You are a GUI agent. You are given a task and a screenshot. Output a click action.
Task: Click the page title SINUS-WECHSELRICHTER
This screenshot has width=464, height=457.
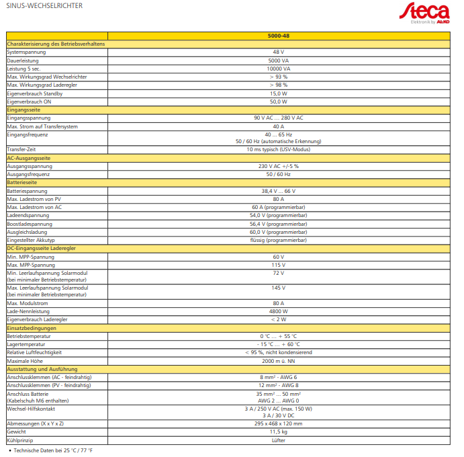(x=44, y=6)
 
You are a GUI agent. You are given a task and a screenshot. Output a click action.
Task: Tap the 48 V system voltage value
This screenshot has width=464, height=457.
(x=278, y=52)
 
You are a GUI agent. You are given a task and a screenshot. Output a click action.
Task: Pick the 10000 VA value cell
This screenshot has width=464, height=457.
(x=278, y=69)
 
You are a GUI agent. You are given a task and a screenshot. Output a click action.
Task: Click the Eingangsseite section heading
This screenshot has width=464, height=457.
(x=24, y=110)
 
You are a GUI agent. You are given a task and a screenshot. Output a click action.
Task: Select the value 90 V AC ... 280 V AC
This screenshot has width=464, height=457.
(x=278, y=118)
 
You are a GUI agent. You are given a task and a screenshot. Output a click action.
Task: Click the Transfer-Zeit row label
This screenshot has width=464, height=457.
(x=22, y=149)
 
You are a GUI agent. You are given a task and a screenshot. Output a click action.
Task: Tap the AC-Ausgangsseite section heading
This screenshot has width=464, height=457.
(x=29, y=157)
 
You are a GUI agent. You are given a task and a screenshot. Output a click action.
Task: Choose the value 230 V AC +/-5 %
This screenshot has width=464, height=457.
(x=278, y=166)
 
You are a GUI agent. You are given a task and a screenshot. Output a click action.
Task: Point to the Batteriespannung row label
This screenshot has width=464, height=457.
(x=27, y=191)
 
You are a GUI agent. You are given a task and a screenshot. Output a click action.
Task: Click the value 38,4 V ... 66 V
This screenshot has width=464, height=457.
(x=278, y=191)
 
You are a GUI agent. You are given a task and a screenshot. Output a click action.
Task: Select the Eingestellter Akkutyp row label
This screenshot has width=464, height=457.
(x=31, y=240)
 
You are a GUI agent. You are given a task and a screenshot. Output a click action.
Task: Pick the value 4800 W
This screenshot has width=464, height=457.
(x=278, y=311)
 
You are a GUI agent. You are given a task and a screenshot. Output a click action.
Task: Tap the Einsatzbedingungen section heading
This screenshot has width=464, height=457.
(x=31, y=328)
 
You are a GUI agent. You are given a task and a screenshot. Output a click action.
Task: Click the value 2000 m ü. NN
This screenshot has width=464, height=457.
(x=278, y=361)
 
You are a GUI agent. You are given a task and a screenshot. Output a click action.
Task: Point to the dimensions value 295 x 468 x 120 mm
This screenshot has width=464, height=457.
(x=278, y=423)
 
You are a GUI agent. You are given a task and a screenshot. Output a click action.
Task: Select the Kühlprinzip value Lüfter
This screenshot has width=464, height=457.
(x=278, y=440)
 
